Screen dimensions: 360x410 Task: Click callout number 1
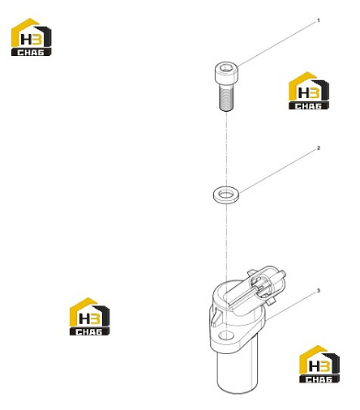pos(319,20)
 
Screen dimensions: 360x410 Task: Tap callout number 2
pos(319,148)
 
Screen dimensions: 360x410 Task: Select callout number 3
pos(319,291)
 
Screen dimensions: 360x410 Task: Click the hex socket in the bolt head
pos(225,68)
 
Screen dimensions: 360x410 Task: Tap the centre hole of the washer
pos(225,194)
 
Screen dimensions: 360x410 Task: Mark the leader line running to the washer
pos(277,171)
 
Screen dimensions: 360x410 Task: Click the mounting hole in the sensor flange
pos(225,335)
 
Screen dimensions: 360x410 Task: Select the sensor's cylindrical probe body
pos(238,370)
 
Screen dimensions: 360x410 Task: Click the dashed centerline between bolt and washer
pos(226,150)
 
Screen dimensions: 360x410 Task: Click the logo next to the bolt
pos(309,91)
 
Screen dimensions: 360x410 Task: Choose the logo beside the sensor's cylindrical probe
pos(319,364)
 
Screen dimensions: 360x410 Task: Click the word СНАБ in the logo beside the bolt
pos(308,105)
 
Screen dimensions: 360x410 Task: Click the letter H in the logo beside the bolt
pos(303,93)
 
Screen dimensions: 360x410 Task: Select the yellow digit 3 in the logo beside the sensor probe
pos(324,366)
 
